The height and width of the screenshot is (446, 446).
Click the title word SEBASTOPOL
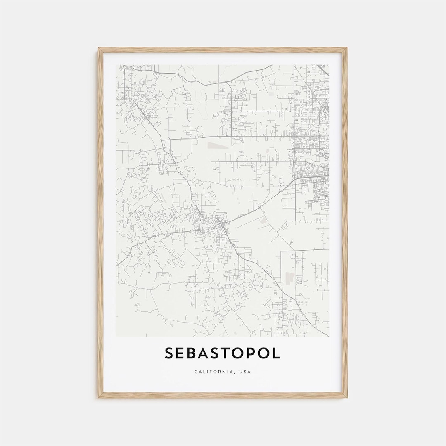click(x=223, y=353)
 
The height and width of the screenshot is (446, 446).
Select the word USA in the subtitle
click(x=245, y=372)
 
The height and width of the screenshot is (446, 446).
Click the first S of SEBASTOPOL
click(x=169, y=353)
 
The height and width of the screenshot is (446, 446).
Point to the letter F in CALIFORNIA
click(x=210, y=372)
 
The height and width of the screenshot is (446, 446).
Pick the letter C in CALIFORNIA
click(x=196, y=372)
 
